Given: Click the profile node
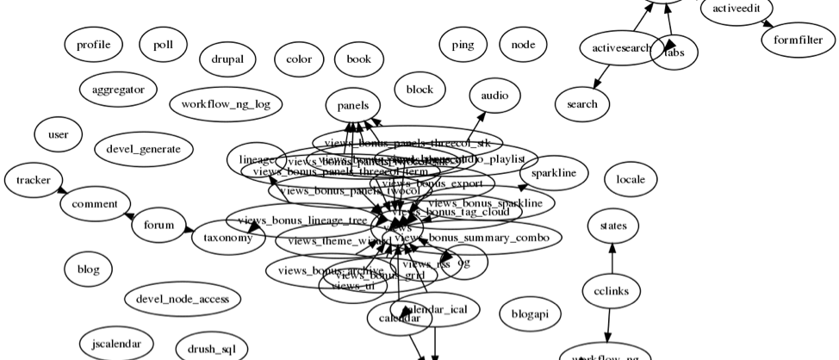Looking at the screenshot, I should tap(93, 45).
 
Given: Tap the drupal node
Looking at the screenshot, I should tap(227, 60).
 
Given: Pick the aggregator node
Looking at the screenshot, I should tap(118, 89).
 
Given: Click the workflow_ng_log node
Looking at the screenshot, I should tap(226, 105).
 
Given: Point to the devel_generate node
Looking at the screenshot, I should tap(143, 149).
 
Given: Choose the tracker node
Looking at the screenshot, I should tap(34, 180).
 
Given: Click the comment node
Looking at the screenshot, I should tap(95, 204).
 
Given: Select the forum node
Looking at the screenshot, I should tap(158, 226).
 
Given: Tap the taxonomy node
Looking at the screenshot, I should tap(227, 237).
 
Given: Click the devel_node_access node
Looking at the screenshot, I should tap(183, 299).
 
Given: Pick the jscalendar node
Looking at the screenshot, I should tap(116, 344).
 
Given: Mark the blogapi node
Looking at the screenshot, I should tap(530, 314).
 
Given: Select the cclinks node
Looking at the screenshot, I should tap(612, 291).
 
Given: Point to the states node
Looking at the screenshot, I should tap(613, 227).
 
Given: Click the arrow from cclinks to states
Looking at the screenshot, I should tap(612, 258).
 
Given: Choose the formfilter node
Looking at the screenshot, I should tap(799, 40).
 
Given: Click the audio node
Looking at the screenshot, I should tap(495, 96).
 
